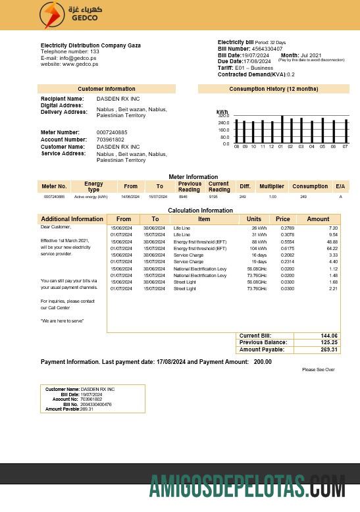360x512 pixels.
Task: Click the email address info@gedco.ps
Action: (78, 58)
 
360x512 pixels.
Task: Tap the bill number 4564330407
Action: (267, 49)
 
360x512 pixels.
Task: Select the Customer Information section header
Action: (106, 89)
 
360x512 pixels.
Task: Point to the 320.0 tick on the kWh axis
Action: (224, 116)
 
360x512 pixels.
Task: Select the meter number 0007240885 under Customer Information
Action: (112, 133)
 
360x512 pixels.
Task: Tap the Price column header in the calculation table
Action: (282, 219)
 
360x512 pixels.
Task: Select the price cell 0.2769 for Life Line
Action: (283, 228)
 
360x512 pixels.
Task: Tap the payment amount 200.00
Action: (263, 362)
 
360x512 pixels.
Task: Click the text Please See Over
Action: (319, 370)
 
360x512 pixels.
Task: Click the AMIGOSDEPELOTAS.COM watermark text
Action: (247, 488)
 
